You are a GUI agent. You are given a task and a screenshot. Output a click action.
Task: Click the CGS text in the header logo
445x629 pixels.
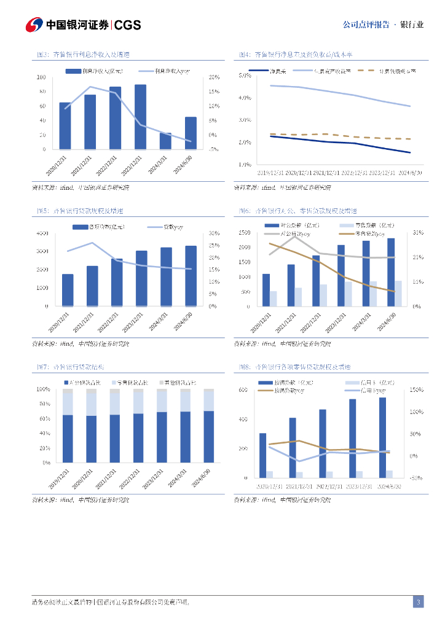[x=128, y=25]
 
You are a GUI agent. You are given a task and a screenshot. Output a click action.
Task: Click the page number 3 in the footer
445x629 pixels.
[x=418, y=602]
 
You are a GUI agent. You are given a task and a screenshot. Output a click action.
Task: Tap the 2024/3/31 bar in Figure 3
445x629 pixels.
[x=165, y=141]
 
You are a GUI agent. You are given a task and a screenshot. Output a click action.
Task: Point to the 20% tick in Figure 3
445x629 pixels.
[x=214, y=77]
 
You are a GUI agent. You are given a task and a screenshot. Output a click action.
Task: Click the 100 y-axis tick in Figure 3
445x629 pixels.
[x=41, y=77]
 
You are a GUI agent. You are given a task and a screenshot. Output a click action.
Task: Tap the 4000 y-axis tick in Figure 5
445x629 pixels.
[x=42, y=233]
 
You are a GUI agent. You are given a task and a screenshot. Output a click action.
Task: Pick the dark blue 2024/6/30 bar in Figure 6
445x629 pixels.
[x=391, y=272]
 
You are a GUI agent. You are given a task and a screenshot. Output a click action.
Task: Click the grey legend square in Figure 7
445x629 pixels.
[x=161, y=383]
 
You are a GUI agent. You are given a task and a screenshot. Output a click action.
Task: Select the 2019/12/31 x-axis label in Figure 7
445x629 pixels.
[x=62, y=479]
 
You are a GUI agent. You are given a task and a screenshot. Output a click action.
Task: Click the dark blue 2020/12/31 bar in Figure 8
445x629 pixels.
[x=262, y=455]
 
